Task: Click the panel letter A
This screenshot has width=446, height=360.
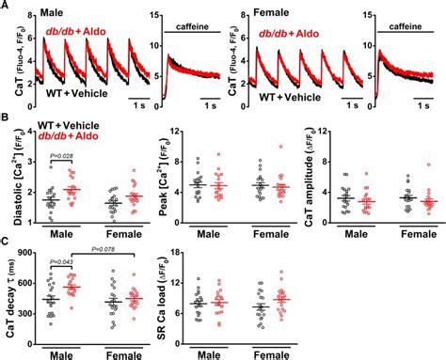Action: (6, 8)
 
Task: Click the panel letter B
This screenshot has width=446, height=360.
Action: (6, 120)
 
